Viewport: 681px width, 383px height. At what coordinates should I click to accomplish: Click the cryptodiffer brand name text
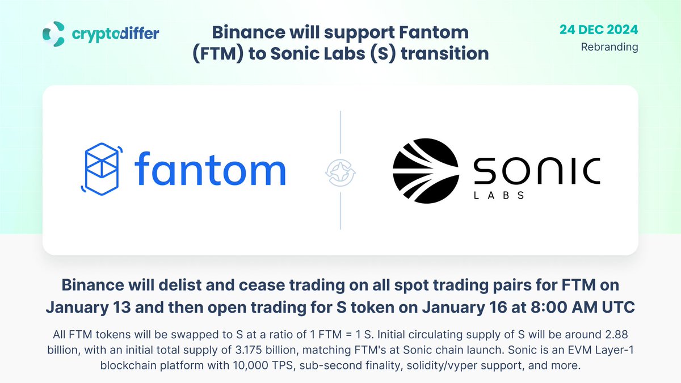tap(115, 33)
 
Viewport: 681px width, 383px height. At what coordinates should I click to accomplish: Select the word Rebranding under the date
tap(609, 47)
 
